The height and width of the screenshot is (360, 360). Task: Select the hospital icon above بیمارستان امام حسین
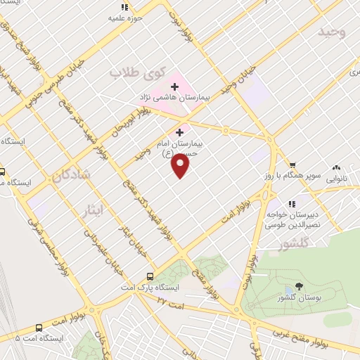[x=180, y=131]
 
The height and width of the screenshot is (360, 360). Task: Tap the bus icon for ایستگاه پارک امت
[x=149, y=277]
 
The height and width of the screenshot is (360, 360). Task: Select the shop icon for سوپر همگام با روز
[x=282, y=168]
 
